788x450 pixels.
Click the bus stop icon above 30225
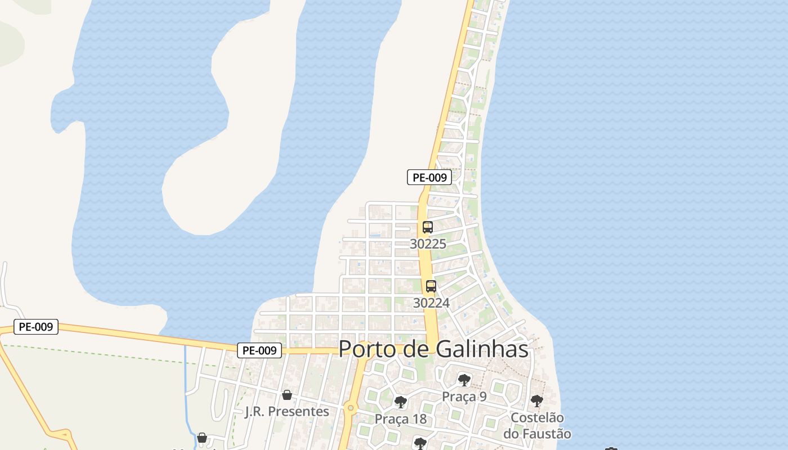pos(428,227)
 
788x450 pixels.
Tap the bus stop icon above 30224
pos(431,286)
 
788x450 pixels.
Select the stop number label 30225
pos(428,244)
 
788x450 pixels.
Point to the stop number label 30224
pos(431,303)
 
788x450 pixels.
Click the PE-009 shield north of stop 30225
pos(429,177)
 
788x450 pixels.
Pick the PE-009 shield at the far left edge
pos(36,326)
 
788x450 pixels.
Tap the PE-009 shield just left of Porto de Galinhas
pos(259,350)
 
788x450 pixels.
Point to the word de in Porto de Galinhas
pos(417,349)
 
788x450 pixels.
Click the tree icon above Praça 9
pos(464,380)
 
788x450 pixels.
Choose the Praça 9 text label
pos(464,397)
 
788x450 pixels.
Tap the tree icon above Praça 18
pos(401,402)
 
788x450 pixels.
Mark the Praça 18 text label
pos(401,419)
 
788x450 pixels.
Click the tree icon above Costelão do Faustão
pos(537,401)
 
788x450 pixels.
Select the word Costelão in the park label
pos(537,418)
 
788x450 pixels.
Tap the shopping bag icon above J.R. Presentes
pos(287,395)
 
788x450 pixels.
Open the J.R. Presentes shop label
pos(287,411)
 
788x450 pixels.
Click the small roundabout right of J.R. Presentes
pos(351,408)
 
